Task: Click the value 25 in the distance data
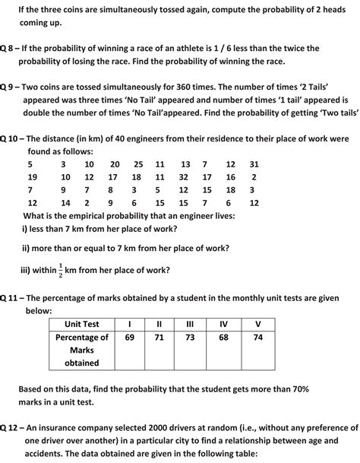[x=138, y=164]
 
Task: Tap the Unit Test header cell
[x=81, y=324]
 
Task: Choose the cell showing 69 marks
[x=129, y=337]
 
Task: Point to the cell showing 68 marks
[x=223, y=337]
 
